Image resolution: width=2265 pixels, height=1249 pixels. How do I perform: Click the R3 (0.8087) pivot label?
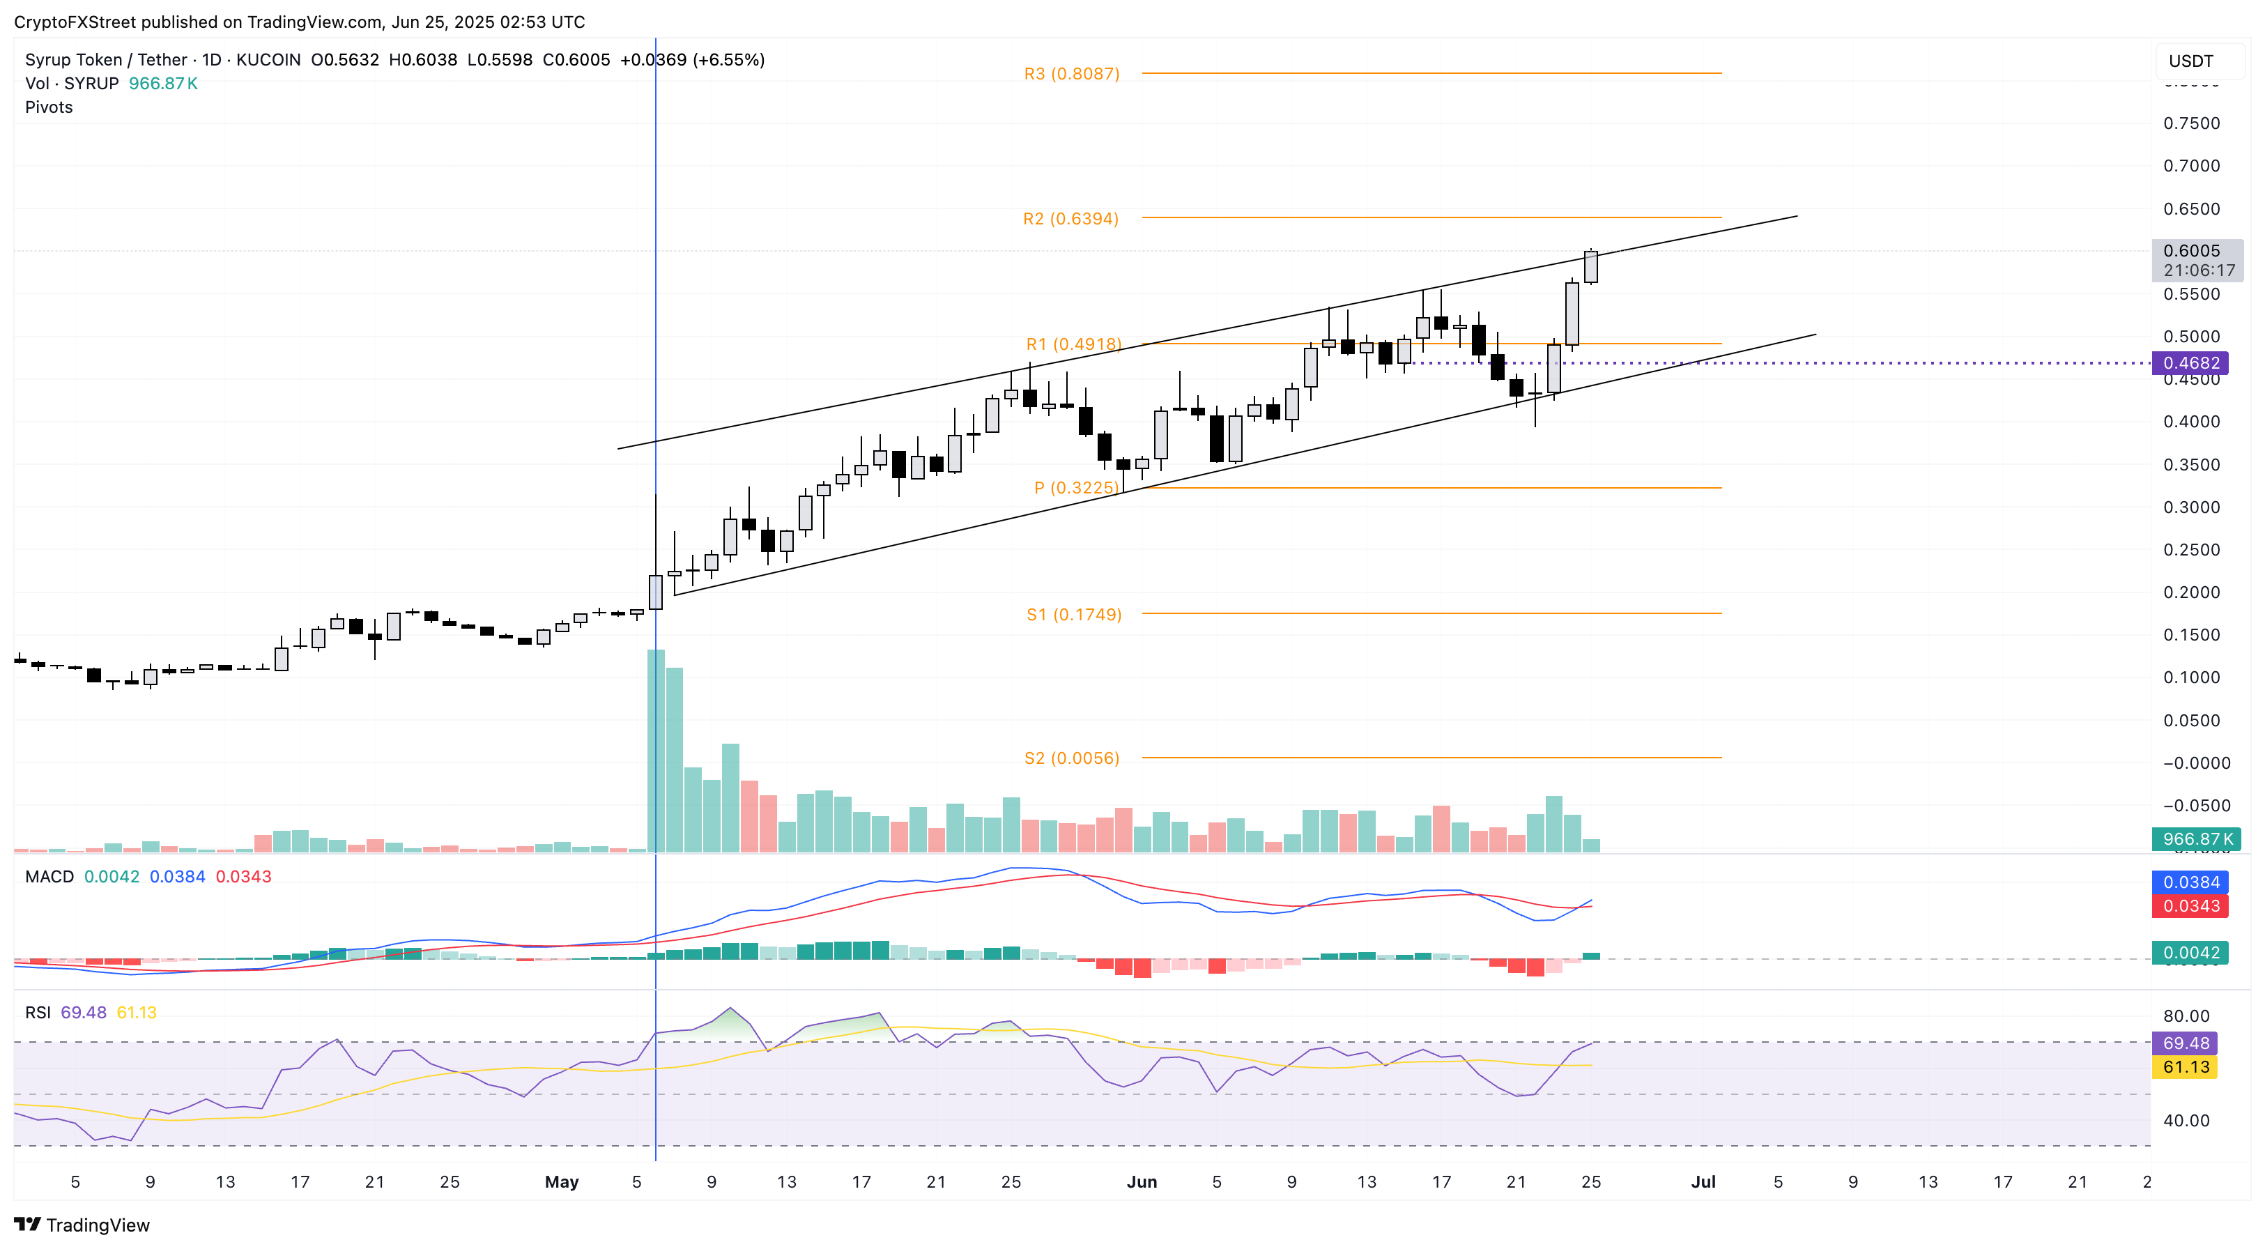pyautogui.click(x=1071, y=74)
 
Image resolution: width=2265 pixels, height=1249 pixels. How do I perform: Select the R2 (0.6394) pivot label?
pyautogui.click(x=1070, y=218)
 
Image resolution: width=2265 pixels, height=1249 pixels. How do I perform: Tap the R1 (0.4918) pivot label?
pyautogui.click(x=1073, y=344)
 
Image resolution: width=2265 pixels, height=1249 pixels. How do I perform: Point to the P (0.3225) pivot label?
pyautogui.click(x=1075, y=487)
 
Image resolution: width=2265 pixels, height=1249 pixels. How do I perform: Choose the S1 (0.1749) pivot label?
pyautogui.click(x=1073, y=614)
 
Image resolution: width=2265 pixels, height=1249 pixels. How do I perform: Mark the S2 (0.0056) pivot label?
pyautogui.click(x=1071, y=758)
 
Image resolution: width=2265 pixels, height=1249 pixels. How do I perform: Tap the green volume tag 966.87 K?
pyautogui.click(x=2195, y=838)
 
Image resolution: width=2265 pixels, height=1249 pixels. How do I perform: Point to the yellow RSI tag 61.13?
pyautogui.click(x=2185, y=1066)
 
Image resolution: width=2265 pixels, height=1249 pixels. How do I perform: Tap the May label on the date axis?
pyautogui.click(x=561, y=1181)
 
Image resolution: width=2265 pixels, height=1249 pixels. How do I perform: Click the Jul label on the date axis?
pyautogui.click(x=1703, y=1181)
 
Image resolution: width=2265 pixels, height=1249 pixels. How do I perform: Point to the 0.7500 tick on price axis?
pyautogui.click(x=2191, y=123)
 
